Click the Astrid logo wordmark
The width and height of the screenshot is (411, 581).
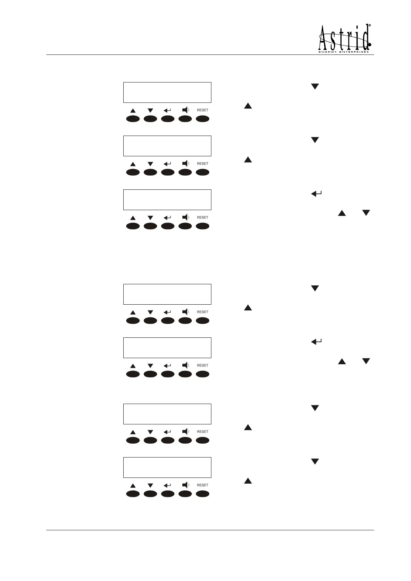(344, 38)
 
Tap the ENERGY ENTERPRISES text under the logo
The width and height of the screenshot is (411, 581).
(343, 52)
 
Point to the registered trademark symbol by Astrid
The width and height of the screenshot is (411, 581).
(370, 26)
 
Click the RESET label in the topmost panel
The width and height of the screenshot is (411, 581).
(202, 110)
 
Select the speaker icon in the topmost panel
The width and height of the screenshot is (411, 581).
(185, 110)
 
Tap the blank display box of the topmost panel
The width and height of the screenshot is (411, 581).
(167, 92)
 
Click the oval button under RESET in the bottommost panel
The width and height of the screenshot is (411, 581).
(202, 494)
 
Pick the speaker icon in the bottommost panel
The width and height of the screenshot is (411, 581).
(185, 485)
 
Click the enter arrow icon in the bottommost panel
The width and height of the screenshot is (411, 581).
(168, 485)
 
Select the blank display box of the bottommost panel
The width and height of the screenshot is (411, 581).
(167, 467)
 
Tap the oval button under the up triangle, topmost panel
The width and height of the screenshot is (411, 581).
(133, 119)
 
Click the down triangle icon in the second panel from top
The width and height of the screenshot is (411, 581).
(150, 164)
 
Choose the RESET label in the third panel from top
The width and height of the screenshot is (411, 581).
(202, 217)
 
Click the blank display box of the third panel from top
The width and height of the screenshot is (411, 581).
(167, 200)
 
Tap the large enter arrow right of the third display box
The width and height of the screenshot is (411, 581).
(316, 194)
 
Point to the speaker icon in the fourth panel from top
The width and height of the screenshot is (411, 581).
(185, 312)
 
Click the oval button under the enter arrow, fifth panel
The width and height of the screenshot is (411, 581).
(168, 374)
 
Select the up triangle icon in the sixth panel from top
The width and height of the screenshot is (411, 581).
(133, 432)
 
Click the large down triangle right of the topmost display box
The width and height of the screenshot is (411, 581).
(315, 87)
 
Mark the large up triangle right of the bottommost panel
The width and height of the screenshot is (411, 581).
(248, 481)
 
